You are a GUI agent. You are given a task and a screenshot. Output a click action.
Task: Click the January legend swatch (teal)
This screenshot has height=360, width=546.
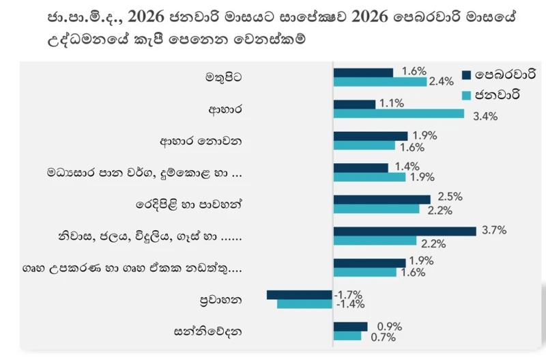coord(467,95)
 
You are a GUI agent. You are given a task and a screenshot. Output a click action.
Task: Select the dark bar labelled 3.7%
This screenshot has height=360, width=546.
coord(405,231)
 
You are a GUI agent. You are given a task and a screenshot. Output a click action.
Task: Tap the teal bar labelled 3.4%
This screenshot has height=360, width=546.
coord(399,113)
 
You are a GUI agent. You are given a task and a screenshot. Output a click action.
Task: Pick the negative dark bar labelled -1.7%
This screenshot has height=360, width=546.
coord(300,294)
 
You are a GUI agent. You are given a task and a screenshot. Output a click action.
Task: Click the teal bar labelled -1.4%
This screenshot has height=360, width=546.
coord(305,303)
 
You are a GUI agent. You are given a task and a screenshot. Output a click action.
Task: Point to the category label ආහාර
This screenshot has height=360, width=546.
coord(225,109)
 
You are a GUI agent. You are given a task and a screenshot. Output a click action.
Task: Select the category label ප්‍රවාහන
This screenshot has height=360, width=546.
coord(222,299)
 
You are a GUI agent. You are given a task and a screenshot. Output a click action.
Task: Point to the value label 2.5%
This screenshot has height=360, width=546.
coord(451,196)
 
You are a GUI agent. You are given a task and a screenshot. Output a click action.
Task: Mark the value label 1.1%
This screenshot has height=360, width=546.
coord(392,103)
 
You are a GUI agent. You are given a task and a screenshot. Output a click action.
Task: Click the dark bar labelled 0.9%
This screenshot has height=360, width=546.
coord(350,327)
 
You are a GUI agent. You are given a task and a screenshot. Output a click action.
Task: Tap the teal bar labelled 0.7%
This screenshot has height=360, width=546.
coord(347,335)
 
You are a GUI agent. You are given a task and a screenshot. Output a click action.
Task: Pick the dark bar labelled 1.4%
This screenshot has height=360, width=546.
coord(360,167)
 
